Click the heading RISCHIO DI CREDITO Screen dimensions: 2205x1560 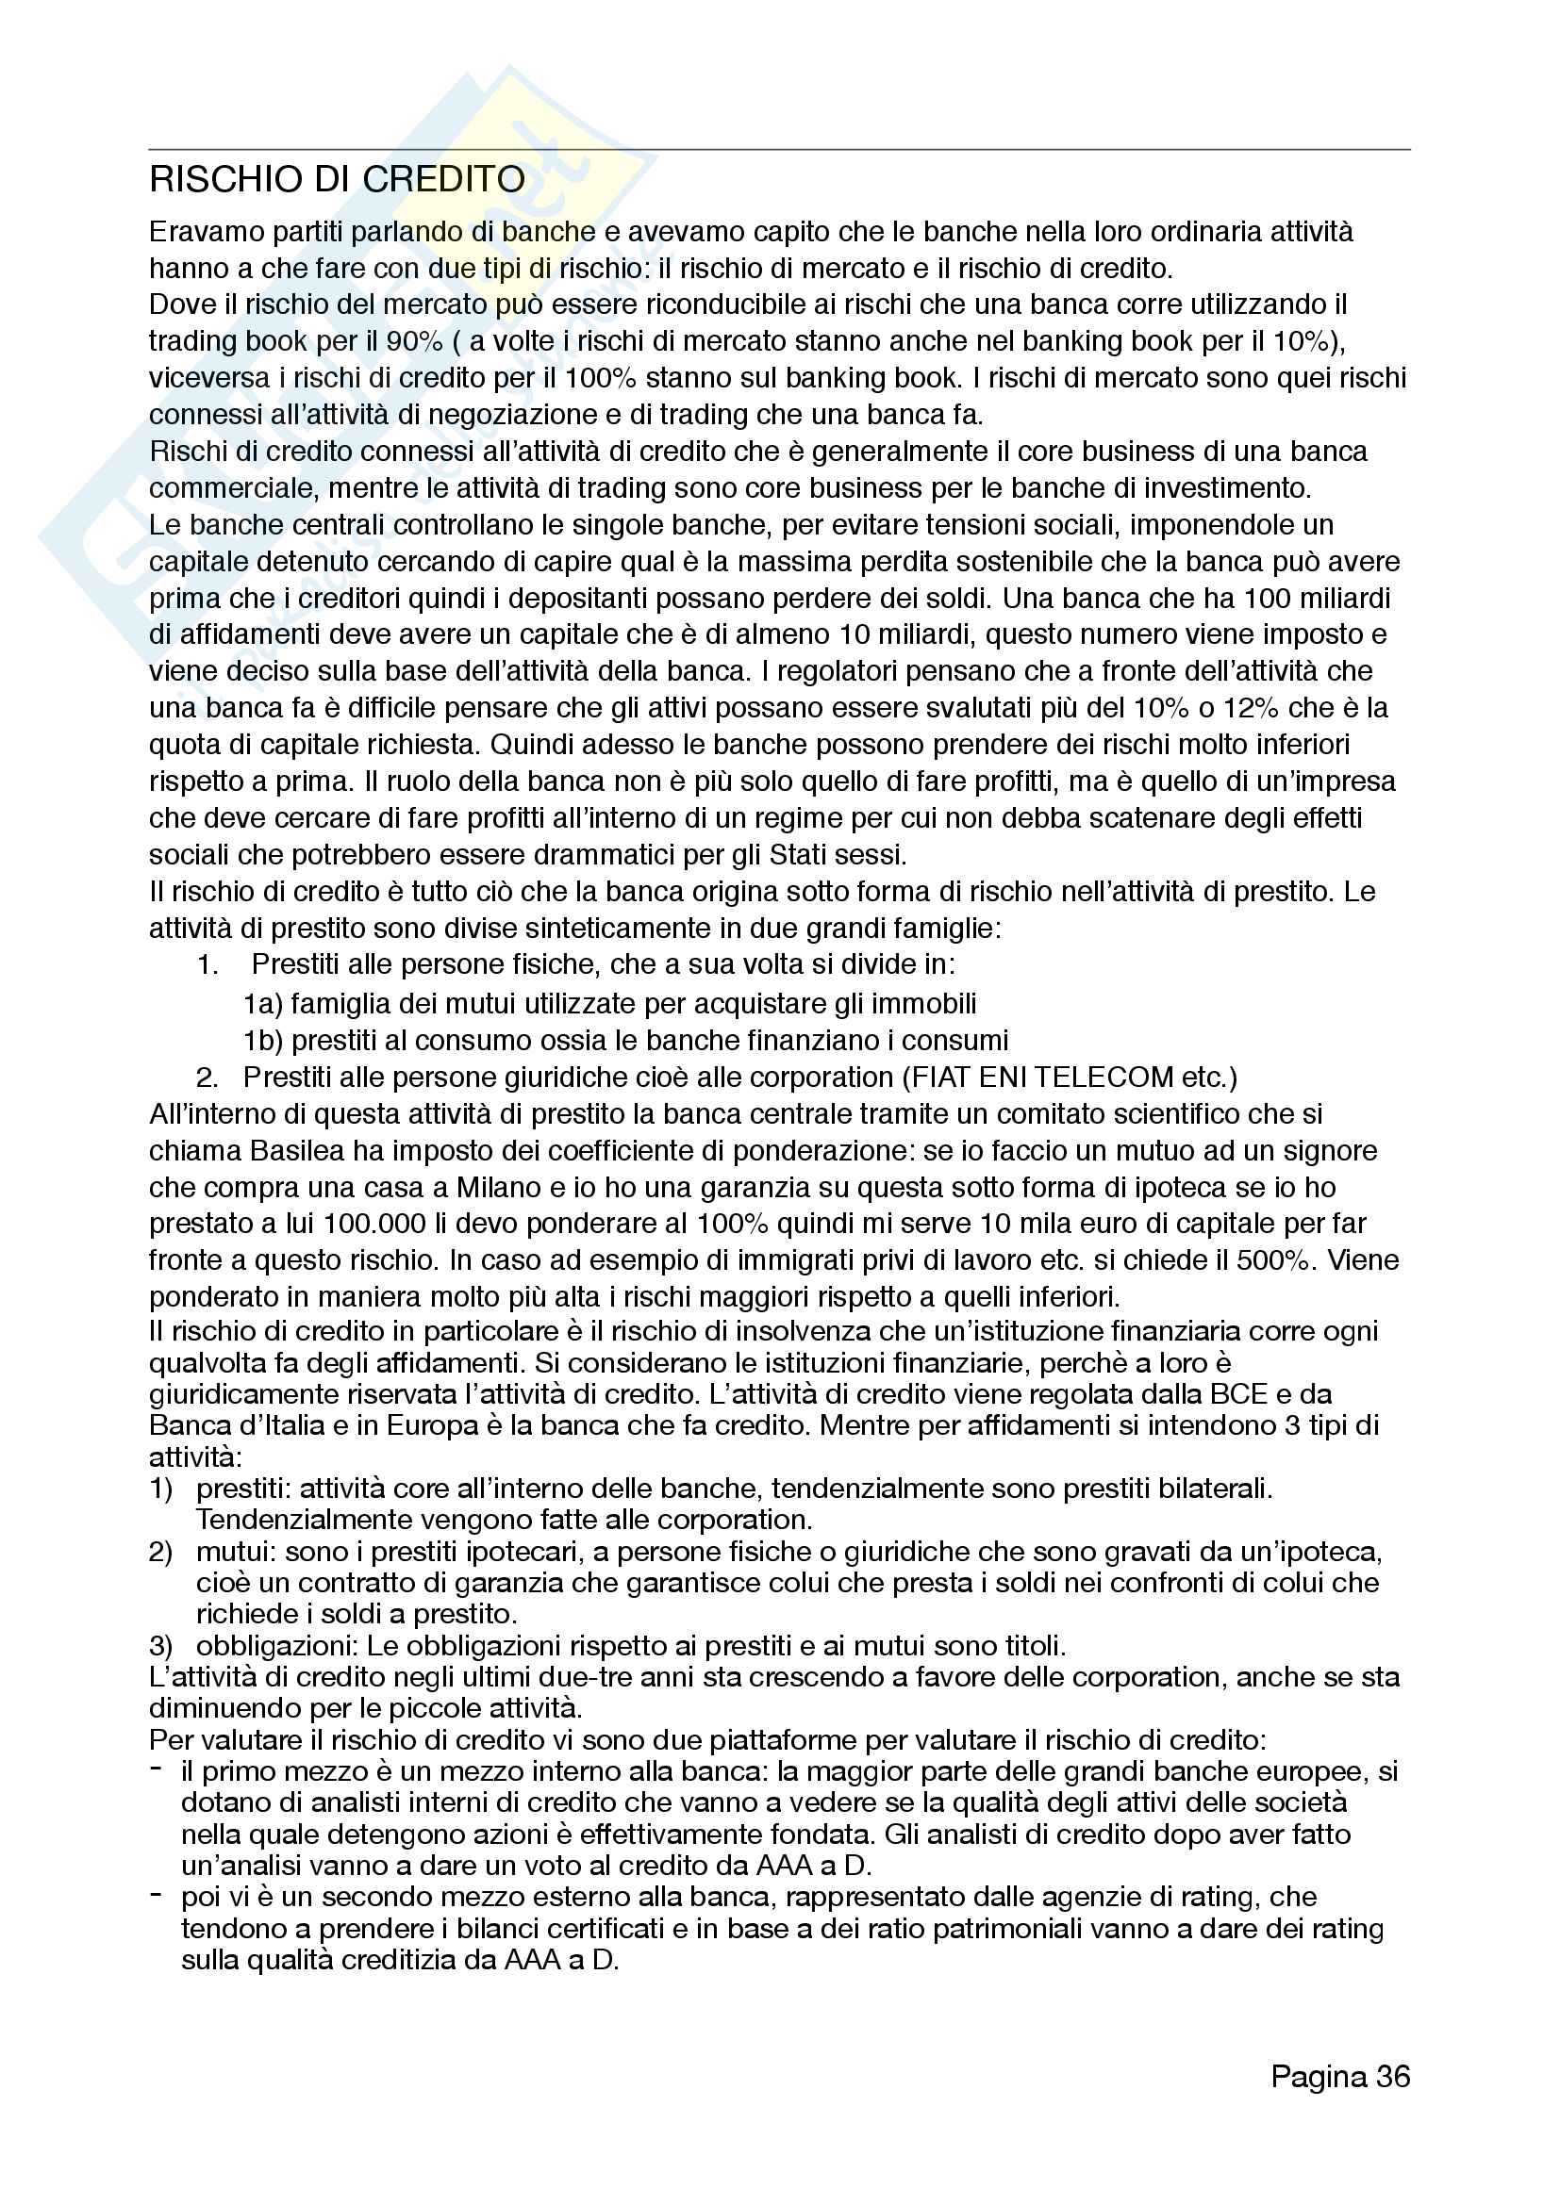coord(337,180)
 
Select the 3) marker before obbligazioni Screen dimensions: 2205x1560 coord(160,1646)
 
